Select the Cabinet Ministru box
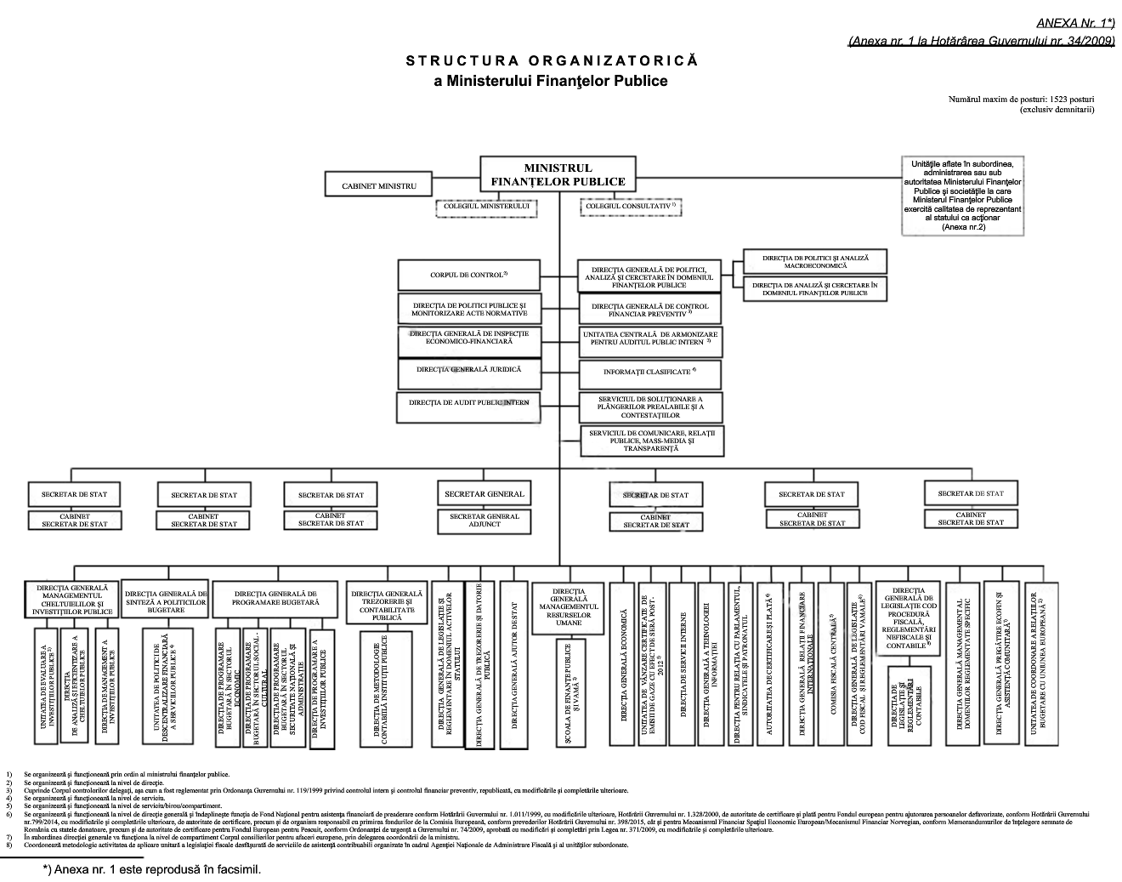[378, 185]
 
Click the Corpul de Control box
[468, 275]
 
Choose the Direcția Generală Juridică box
[468, 371]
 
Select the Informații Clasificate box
[649, 372]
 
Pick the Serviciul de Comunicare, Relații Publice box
[651, 440]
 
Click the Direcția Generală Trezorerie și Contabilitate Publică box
[387, 603]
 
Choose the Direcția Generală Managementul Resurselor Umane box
[568, 607]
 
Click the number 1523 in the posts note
[1060, 100]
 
